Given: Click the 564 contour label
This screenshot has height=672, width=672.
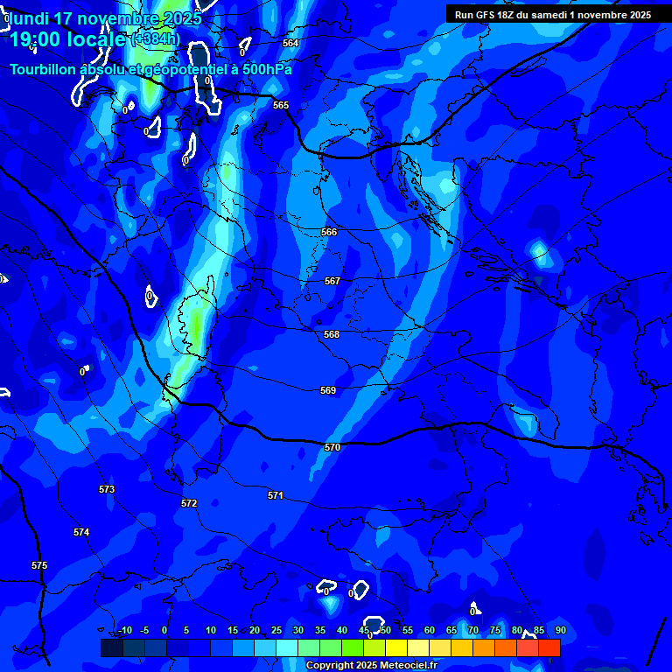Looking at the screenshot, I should [x=290, y=43].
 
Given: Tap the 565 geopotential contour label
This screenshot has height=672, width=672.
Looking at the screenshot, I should [x=281, y=105].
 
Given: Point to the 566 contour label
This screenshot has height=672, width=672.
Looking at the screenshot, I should [x=329, y=232].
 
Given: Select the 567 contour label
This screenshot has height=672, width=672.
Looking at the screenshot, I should [x=332, y=281].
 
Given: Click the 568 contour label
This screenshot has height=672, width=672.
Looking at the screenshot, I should [x=332, y=334].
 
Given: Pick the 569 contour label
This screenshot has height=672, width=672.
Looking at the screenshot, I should [x=328, y=390].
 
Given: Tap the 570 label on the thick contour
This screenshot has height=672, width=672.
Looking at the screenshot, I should [x=332, y=447].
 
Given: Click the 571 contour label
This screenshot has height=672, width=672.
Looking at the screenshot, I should [x=276, y=495].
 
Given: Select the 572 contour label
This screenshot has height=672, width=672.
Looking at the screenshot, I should [x=189, y=503].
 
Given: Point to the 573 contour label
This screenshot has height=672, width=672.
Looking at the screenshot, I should [x=107, y=489].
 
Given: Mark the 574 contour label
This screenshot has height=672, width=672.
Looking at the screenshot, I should [x=81, y=532].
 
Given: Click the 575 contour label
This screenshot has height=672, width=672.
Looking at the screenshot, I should [x=39, y=565].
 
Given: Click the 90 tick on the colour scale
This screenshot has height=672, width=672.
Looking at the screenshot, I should [x=560, y=630].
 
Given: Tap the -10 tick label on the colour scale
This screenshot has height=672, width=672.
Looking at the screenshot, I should [x=125, y=630].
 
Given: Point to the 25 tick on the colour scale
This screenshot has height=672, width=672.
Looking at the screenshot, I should [x=276, y=630].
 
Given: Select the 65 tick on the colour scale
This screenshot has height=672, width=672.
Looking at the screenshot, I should [x=451, y=630].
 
